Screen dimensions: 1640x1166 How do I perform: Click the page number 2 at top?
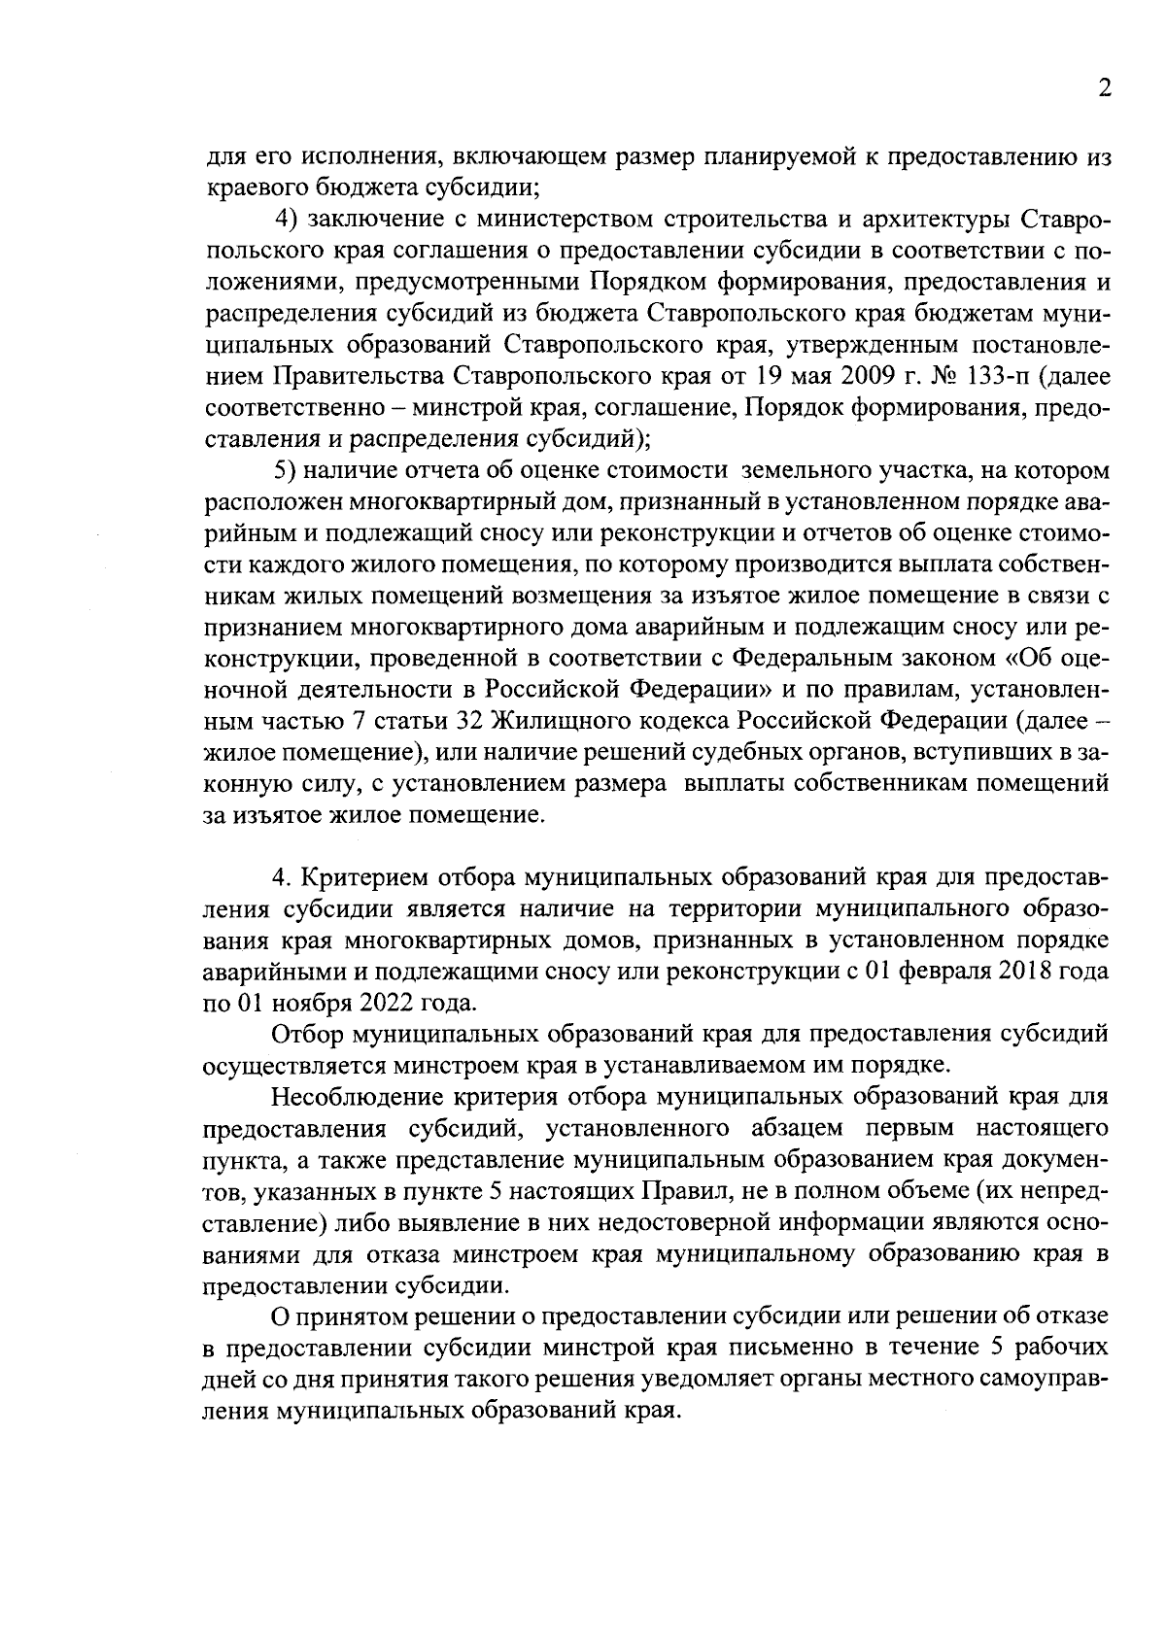click(x=1103, y=87)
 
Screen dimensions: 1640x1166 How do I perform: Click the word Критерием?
click(x=360, y=878)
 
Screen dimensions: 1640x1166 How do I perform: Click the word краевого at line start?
click(x=252, y=185)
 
